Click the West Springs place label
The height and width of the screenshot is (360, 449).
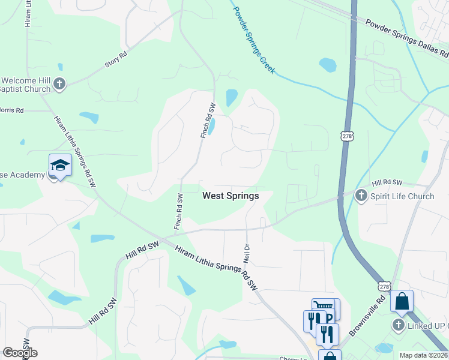(x=231, y=196)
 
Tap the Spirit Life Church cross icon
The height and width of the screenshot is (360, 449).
(x=361, y=196)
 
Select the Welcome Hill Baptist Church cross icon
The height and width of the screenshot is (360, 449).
(x=59, y=84)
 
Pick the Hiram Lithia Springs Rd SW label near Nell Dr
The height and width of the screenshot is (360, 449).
(x=216, y=266)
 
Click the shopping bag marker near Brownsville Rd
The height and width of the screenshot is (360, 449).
(x=402, y=302)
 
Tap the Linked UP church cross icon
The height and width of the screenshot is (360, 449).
(x=398, y=325)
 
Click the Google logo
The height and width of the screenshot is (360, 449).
(x=20, y=353)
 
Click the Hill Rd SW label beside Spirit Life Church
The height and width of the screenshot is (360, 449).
(x=387, y=182)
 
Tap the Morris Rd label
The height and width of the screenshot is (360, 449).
(x=12, y=110)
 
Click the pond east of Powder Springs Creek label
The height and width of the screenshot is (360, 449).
(x=328, y=64)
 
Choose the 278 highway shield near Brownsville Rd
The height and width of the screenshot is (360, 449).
(x=385, y=287)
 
